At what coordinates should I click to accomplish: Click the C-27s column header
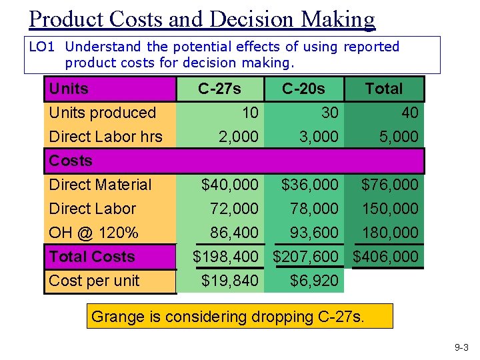[219, 89]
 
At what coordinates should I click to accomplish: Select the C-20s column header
[303, 89]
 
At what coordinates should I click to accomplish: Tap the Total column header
[384, 89]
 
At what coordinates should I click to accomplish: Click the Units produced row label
[103, 113]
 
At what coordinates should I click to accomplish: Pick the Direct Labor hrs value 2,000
[239, 137]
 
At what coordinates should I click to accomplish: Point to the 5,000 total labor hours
[399, 137]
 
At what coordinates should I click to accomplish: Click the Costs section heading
[71, 161]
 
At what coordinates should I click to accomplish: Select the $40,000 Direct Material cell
[230, 185]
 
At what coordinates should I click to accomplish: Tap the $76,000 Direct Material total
[390, 185]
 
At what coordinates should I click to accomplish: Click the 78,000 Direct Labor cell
[315, 209]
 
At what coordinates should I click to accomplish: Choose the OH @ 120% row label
[94, 233]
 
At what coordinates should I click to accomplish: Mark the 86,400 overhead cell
[234, 233]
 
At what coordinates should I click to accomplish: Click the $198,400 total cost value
[225, 257]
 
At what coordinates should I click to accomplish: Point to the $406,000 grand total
[385, 257]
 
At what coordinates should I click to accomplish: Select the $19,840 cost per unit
[230, 281]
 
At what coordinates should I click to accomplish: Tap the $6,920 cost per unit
[315, 281]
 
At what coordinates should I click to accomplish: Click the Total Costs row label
[92, 257]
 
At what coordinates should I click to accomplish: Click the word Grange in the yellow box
[118, 317]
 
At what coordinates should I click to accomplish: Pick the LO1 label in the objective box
[41, 47]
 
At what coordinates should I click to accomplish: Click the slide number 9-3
[461, 347]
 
